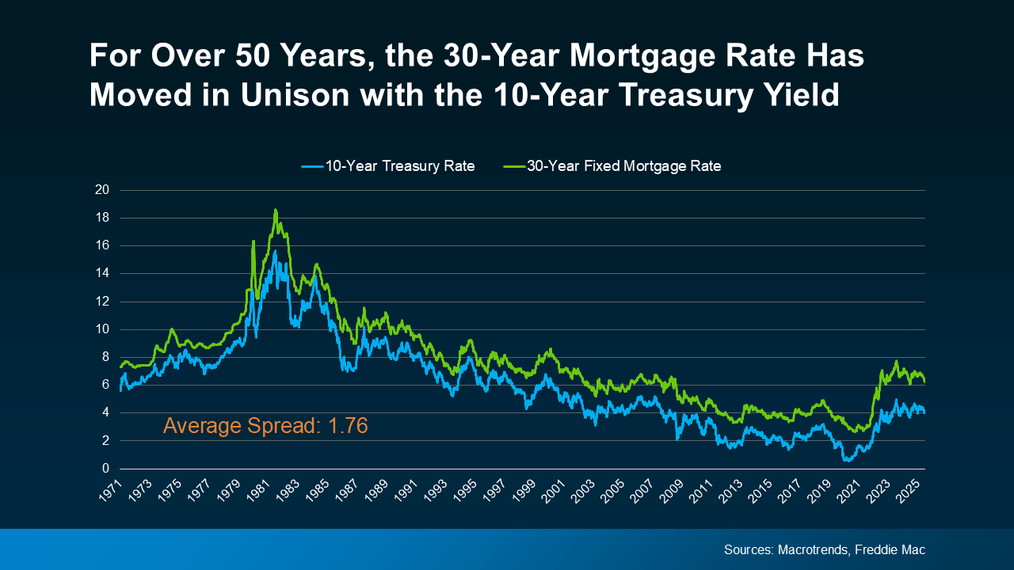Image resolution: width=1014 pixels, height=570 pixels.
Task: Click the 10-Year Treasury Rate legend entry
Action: [388, 166]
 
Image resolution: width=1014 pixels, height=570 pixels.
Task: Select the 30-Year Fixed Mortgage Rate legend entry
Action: [612, 166]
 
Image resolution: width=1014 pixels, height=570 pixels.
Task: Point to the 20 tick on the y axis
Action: [102, 190]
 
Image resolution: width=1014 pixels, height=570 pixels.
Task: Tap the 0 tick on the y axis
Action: [105, 469]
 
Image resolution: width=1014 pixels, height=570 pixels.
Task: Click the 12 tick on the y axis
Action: [102, 302]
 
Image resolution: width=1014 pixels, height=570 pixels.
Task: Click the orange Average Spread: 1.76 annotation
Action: [265, 426]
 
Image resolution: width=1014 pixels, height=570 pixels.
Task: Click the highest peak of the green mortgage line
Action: [275, 210]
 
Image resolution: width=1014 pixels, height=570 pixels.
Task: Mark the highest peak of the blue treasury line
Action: [275, 252]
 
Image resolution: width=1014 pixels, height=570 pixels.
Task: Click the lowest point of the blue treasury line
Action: [846, 460]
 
